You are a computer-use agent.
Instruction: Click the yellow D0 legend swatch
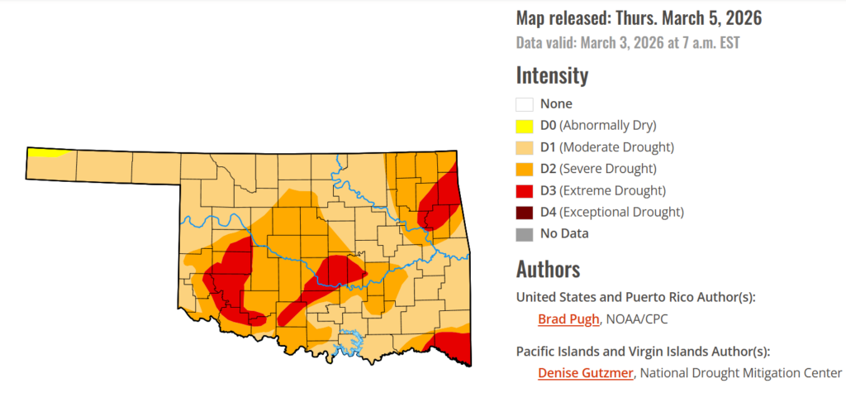pos(524,127)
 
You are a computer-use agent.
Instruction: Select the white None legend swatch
pos(524,105)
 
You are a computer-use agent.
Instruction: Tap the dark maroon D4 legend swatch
pos(524,212)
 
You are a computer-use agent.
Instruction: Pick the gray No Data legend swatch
pos(524,233)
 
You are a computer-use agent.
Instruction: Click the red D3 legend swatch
pos(524,190)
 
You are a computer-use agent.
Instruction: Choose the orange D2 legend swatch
pos(524,169)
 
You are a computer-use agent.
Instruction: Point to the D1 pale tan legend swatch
pos(524,148)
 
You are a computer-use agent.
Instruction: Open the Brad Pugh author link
pos(568,319)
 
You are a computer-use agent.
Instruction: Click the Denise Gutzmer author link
pos(586,373)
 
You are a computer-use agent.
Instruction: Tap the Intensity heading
pos(552,75)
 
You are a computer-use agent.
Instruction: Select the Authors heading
pos(548,269)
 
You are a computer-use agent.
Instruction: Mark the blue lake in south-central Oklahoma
pos(354,338)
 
